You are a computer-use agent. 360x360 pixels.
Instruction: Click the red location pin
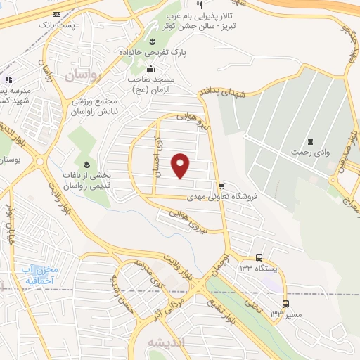coord(181,165)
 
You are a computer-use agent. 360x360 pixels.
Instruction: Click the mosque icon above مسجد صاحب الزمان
coord(150,68)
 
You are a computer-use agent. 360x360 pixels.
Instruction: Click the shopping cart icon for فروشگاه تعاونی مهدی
coord(222,186)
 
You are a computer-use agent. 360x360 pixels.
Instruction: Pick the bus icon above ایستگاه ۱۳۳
coord(259,257)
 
